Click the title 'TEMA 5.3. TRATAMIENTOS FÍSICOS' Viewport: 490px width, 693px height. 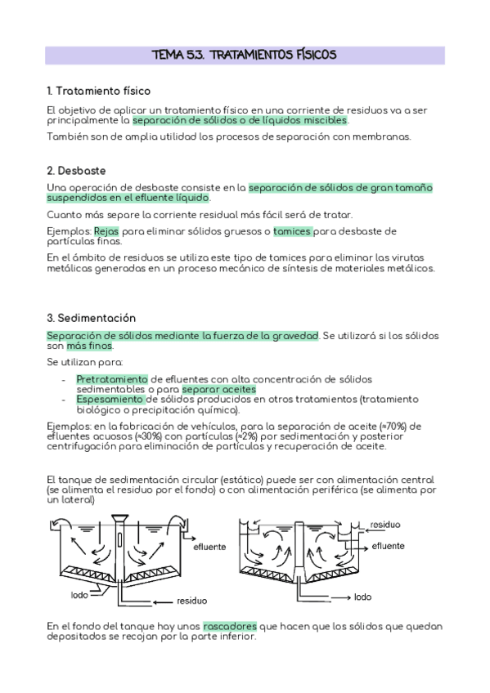click(x=245, y=55)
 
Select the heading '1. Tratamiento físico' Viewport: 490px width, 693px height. click(x=98, y=91)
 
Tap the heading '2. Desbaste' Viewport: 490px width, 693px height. click(x=76, y=170)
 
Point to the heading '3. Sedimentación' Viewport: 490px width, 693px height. click(x=91, y=318)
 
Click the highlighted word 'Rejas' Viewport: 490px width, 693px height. click(x=106, y=231)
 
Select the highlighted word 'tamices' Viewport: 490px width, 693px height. click(x=292, y=231)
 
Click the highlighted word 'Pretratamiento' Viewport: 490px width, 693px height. click(x=112, y=379)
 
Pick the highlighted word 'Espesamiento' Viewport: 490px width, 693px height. click(x=110, y=400)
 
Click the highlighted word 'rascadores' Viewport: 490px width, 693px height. click(x=230, y=626)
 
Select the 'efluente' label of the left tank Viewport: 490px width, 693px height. click(x=209, y=548)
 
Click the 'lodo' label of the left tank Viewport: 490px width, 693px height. click(x=79, y=594)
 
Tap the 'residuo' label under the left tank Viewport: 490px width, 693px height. click(x=191, y=601)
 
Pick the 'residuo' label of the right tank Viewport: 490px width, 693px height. click(x=384, y=525)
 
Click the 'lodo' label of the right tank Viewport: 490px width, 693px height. click(x=362, y=597)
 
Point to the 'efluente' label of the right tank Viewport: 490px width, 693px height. click(x=388, y=545)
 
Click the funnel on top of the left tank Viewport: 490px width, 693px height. click(x=119, y=518)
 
